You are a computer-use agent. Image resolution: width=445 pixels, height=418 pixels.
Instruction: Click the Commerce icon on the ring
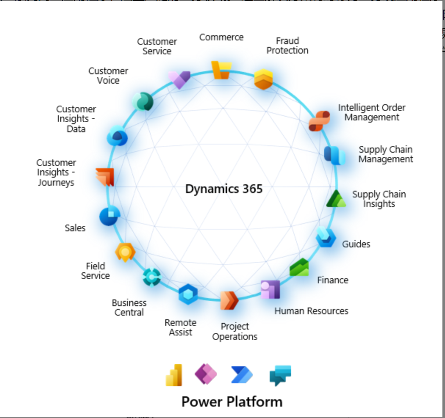(x=221, y=70)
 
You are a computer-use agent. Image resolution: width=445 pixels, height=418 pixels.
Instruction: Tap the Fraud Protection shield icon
(x=263, y=79)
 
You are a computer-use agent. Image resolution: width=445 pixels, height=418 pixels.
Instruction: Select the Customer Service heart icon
(x=179, y=79)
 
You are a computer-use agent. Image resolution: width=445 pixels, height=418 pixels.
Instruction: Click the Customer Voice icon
(x=143, y=101)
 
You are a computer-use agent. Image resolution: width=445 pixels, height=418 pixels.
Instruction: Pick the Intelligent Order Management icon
(x=319, y=121)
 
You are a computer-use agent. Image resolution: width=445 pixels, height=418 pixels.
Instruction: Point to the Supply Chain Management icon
(x=334, y=155)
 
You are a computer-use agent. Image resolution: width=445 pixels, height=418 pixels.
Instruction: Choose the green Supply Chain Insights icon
(x=336, y=199)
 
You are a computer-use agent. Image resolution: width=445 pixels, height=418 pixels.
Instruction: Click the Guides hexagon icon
(x=326, y=237)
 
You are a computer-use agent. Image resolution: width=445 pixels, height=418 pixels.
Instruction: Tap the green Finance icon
(x=299, y=267)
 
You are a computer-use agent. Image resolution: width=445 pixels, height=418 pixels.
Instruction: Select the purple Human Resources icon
(x=270, y=290)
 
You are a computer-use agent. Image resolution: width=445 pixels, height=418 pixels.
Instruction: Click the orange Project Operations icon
(x=229, y=301)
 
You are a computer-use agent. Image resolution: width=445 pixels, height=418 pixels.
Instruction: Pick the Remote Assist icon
(x=188, y=294)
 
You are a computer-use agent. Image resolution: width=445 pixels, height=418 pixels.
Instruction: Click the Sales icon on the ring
(x=110, y=216)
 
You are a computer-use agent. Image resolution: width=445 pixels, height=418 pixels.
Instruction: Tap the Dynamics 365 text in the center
(x=224, y=189)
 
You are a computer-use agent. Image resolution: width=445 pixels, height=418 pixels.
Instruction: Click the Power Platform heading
(x=232, y=401)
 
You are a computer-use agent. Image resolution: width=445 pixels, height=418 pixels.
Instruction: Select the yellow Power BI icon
(x=174, y=375)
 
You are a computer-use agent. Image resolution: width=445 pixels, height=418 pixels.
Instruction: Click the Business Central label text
(x=129, y=308)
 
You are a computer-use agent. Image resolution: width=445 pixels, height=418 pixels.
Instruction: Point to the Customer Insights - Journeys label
(x=56, y=172)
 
